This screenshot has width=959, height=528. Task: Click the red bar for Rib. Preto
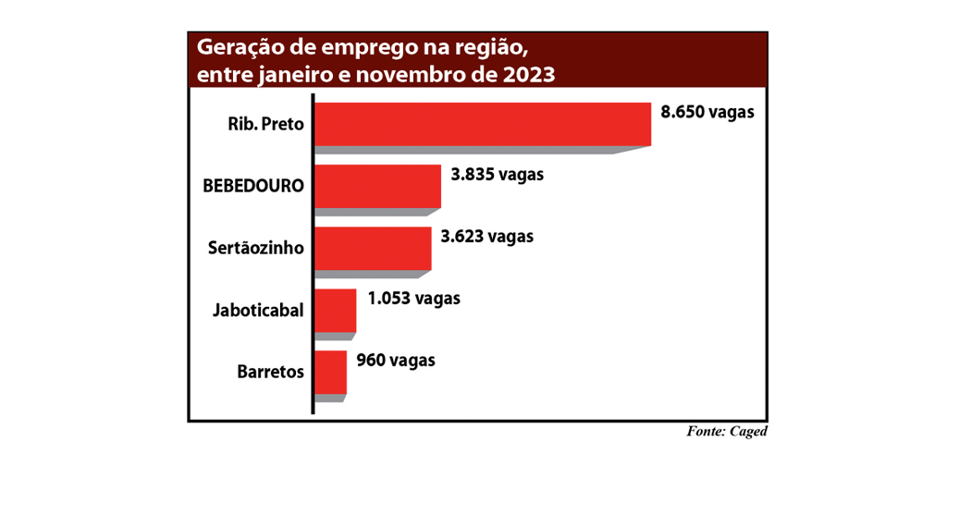[483, 124]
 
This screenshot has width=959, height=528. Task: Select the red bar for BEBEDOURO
[377, 186]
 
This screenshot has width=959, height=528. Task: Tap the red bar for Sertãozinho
[373, 248]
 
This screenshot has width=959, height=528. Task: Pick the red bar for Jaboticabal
[336, 310]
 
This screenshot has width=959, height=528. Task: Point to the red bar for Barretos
[331, 372]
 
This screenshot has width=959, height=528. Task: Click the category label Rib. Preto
[265, 123]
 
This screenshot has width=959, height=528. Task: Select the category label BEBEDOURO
[253, 185]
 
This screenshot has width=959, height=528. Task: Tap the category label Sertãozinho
[256, 247]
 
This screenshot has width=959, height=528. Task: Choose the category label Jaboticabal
[258, 310]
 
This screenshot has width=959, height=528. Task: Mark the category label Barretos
[270, 372]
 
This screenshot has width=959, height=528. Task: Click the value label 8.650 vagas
[707, 113]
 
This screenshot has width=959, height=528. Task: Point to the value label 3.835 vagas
[497, 174]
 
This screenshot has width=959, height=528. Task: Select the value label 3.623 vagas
[487, 236]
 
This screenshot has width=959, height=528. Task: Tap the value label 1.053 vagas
[413, 298]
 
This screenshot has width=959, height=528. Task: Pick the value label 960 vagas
[395, 360]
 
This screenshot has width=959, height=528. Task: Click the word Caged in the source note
[749, 431]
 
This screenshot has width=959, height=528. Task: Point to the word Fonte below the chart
[706, 431]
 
